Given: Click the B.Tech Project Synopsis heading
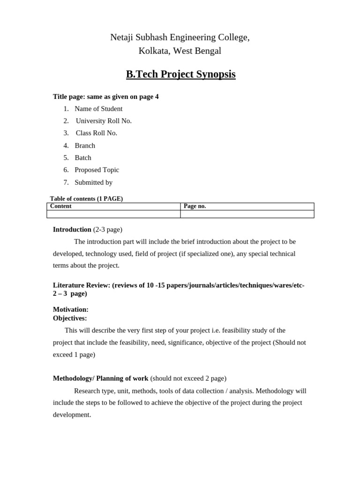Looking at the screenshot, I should click(180, 75).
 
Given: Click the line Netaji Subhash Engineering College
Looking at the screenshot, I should click(180, 37).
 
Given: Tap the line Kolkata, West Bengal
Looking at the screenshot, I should click(180, 51).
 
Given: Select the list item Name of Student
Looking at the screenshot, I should click(98, 109).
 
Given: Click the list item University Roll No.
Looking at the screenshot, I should click(104, 121).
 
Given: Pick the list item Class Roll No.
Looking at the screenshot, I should click(97, 133).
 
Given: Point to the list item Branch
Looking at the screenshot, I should click(85, 146).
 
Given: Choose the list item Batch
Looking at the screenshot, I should click(83, 158).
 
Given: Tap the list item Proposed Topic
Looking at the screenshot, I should click(97, 170).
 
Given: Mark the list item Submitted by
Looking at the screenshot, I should click(93, 183).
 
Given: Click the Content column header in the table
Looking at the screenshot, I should click(61, 206).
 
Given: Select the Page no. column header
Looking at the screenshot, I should click(195, 206).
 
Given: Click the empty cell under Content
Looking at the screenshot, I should click(113, 214).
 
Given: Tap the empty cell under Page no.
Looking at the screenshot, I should click(247, 214).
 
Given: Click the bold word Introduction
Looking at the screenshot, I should click(72, 230).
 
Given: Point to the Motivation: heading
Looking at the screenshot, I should click(71, 310).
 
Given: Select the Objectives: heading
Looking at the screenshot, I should click(70, 318).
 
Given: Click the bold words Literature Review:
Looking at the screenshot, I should click(82, 285).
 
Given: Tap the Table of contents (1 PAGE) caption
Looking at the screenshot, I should click(86, 199).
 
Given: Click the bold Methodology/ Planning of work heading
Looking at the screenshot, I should click(101, 378).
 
